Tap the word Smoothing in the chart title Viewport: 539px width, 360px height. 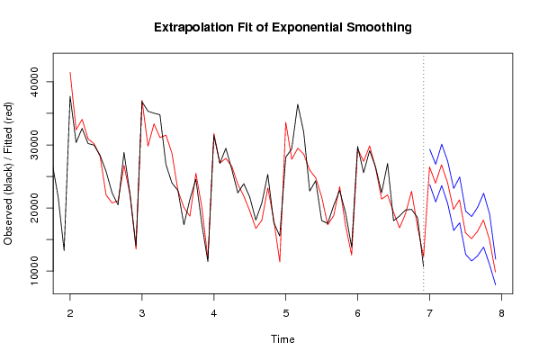(x=379, y=28)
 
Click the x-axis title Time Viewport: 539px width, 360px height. (x=283, y=339)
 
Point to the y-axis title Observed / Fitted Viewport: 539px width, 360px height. (x=8, y=174)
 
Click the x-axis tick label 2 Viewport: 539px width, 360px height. (x=70, y=313)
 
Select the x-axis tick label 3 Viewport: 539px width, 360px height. (x=142, y=313)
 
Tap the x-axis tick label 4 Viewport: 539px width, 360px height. (x=214, y=313)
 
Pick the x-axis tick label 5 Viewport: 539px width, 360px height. (x=286, y=313)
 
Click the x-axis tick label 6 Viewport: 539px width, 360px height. (x=358, y=313)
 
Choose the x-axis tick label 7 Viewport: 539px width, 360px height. (x=430, y=313)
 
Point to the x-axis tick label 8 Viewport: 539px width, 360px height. (x=501, y=313)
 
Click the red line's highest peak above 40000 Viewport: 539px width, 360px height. (x=70, y=73)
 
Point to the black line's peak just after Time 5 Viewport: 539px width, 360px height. (x=298, y=104)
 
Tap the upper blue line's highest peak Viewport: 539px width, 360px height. (x=442, y=144)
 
